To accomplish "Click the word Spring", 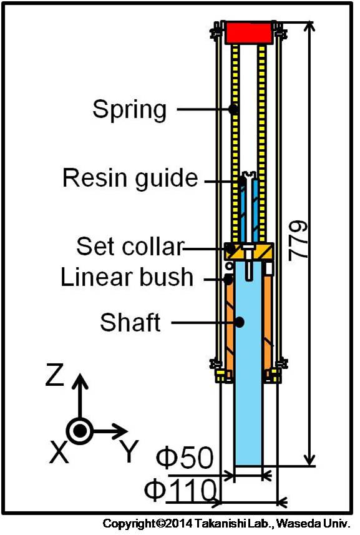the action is (x=130, y=109).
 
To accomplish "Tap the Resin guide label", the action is (x=130, y=178).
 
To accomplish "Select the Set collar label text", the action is (x=130, y=246).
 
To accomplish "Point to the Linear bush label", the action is (x=127, y=277).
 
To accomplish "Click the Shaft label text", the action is (x=130, y=322).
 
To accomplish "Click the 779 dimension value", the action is (x=298, y=240).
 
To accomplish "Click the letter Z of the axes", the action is (x=54, y=375).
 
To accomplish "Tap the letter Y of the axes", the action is (x=130, y=451).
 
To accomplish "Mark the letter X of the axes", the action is (x=59, y=451).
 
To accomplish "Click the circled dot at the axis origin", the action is (x=79, y=431).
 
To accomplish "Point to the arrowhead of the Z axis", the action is (x=80, y=380).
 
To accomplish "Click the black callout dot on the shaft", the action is (x=240, y=321).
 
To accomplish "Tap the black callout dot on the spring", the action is (x=233, y=109).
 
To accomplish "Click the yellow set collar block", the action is (x=250, y=251).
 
